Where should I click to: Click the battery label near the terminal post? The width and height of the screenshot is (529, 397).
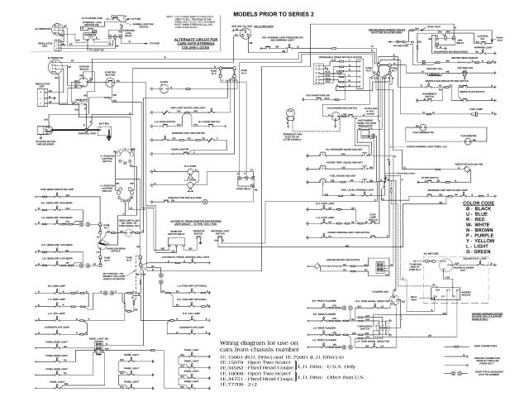[105, 122]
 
